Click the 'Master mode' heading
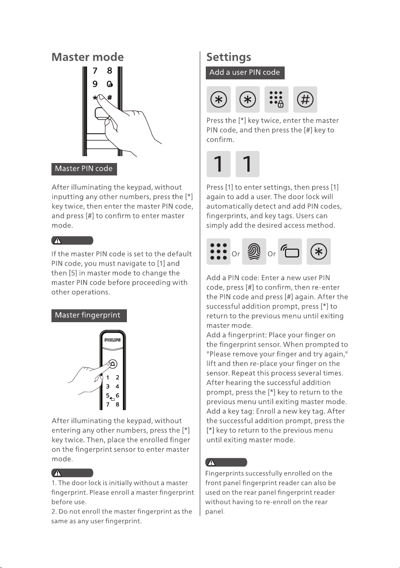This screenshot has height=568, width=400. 87,57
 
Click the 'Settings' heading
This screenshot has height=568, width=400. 229,57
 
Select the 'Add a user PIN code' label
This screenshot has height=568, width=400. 245,73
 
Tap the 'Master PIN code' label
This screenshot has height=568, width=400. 84,169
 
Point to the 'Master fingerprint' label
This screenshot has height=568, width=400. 89,315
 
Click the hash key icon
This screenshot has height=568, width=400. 305,99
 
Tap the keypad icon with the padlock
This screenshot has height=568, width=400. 276,99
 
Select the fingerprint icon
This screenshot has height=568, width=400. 254,251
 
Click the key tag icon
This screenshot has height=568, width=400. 290,251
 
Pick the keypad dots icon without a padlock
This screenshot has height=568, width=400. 219,251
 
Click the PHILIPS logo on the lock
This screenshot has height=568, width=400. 113,340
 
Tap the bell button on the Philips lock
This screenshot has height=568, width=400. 113,364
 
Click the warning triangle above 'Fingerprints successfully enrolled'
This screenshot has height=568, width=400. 211,462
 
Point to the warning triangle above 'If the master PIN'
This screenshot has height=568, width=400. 57,240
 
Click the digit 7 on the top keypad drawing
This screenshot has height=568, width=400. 95,71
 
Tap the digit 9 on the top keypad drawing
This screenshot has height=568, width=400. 95,84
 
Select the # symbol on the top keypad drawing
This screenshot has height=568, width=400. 109,98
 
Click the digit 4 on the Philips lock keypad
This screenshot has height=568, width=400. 117,387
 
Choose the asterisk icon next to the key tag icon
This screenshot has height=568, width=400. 319,251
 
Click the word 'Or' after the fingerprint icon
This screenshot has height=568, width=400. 271,254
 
